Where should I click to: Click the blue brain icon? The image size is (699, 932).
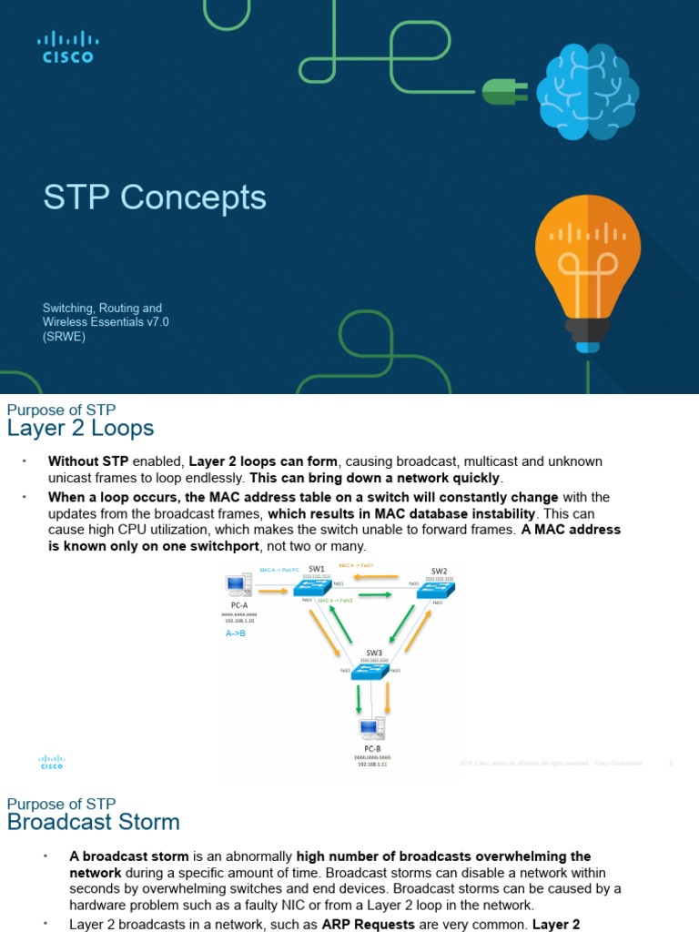(x=587, y=92)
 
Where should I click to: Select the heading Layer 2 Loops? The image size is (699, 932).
(x=80, y=428)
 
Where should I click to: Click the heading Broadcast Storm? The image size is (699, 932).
(x=93, y=822)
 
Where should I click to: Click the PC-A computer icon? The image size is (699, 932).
(x=239, y=591)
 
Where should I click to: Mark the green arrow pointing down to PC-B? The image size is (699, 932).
(x=359, y=699)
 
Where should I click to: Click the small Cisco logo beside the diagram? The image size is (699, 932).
(x=52, y=762)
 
